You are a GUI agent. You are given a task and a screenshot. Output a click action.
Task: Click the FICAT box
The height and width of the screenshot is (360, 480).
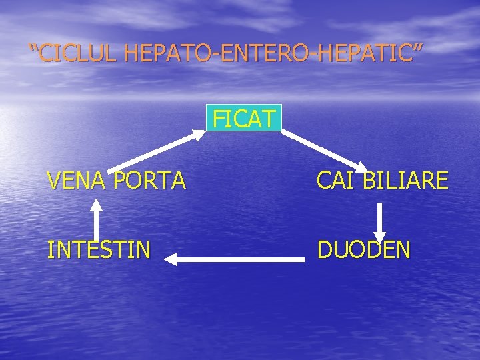click(244, 118)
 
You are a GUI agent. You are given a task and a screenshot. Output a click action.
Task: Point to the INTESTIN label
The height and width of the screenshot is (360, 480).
click(99, 250)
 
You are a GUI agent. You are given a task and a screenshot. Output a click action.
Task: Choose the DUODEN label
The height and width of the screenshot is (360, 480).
click(364, 250)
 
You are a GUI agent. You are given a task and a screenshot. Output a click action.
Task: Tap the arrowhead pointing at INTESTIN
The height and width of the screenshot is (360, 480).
click(171, 259)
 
